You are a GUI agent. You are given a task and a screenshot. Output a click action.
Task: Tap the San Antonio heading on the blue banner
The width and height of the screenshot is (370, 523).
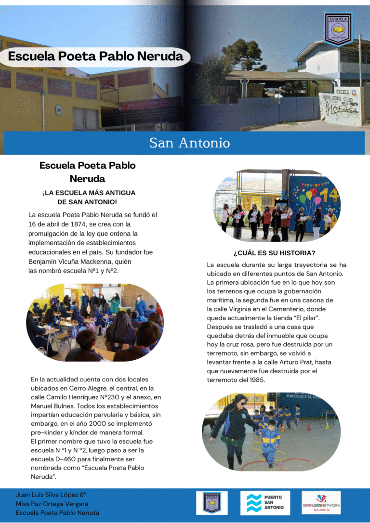(189, 143)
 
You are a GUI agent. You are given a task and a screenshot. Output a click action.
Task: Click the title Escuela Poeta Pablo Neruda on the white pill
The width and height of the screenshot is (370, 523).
(95, 56)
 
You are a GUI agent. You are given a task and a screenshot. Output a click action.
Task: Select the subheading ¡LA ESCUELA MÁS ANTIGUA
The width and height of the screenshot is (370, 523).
(89, 193)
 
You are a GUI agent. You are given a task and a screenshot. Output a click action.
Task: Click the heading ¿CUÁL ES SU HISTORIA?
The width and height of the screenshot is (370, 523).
(274, 253)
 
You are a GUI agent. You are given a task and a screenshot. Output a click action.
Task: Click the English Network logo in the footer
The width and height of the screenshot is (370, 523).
(321, 502)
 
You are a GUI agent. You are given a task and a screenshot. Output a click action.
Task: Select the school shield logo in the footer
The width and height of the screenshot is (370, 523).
(212, 502)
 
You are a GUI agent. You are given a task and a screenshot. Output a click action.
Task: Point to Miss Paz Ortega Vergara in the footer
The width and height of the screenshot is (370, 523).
(52, 504)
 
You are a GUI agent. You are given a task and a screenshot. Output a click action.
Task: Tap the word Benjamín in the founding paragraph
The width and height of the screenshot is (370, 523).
(44, 261)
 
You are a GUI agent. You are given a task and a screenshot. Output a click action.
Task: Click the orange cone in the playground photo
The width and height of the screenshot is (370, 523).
(309, 426)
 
